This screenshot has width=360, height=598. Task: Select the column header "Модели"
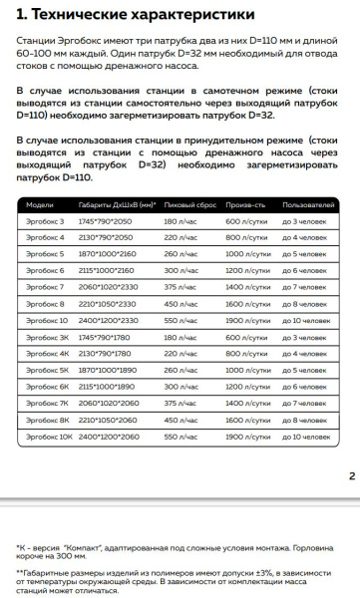pyautogui.click(x=39, y=204)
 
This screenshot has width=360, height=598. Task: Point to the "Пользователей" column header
pyautogui.click(x=309, y=204)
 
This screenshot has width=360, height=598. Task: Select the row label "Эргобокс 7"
pyautogui.click(x=45, y=286)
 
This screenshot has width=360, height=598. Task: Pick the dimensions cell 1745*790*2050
pyautogui.click(x=106, y=220)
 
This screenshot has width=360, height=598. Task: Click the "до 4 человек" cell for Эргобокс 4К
pyautogui.click(x=305, y=353)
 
